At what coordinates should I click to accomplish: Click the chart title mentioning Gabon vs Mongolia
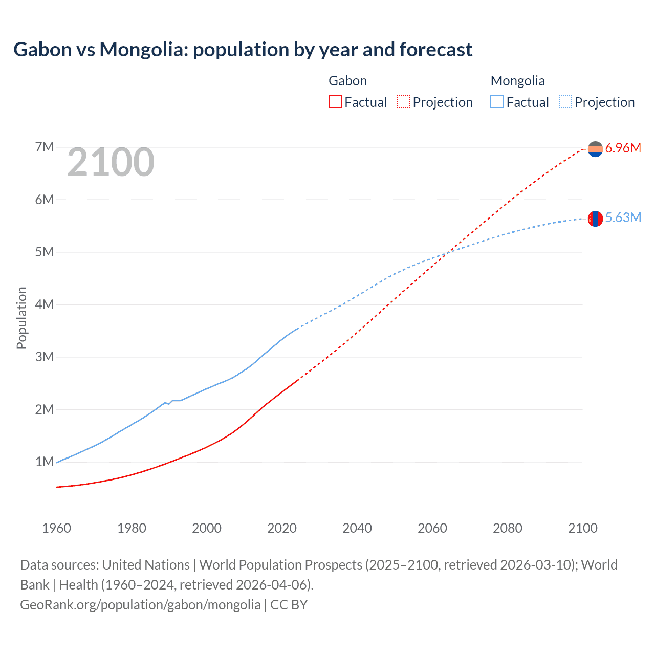pos(243,50)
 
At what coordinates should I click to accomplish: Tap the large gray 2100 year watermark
pos(111,162)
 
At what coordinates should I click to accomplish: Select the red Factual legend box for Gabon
pos(335,102)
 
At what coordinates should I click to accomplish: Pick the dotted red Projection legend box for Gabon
pos(403,102)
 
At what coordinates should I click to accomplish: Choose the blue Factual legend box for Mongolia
pos(496,102)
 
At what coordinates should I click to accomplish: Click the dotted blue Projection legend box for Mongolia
pos(565,102)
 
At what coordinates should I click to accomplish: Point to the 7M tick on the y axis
pos(45,147)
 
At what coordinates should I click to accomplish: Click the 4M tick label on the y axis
pos(45,304)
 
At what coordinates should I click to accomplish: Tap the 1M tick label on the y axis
pos(45,462)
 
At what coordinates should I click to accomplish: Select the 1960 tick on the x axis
pos(56,528)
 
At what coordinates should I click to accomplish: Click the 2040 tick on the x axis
pos(357,528)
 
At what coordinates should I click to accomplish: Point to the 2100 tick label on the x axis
pos(582,528)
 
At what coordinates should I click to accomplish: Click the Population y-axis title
pos(21,318)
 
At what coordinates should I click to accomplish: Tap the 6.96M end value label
pos(623,148)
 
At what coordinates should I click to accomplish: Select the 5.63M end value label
pos(623,218)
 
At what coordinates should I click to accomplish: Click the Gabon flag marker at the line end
pos(595,149)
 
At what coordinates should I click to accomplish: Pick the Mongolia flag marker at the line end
pos(595,219)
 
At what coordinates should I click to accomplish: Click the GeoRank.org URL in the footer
pos(140,605)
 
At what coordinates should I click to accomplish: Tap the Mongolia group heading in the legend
pos(517,81)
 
